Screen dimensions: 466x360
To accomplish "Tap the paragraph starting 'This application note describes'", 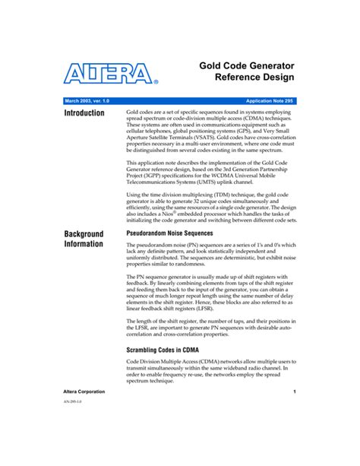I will click(x=209, y=173).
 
